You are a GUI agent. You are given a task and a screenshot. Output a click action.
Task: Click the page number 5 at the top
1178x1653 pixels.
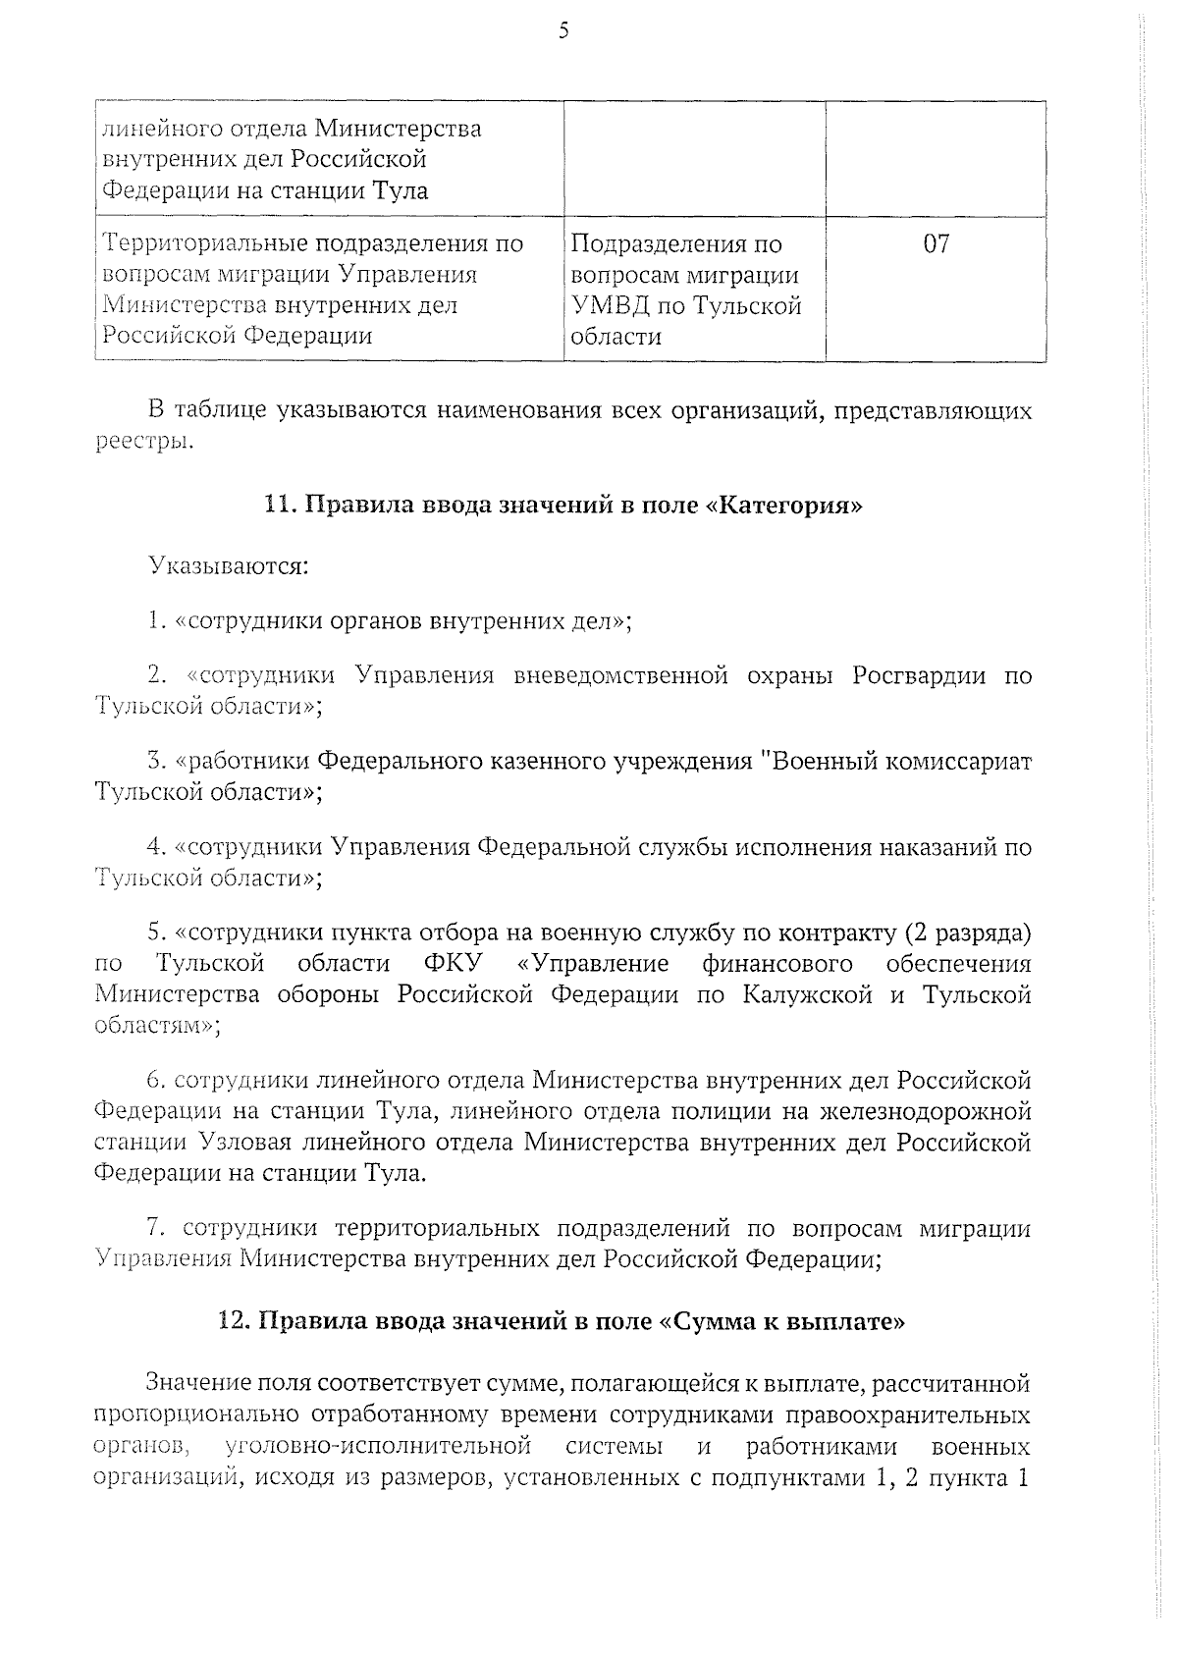563,31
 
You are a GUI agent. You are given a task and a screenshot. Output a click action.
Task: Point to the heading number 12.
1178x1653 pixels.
234,1321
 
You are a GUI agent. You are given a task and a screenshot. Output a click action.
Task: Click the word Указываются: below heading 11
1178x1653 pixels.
228,566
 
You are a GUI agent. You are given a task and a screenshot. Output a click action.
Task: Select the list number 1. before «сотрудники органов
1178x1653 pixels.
155,621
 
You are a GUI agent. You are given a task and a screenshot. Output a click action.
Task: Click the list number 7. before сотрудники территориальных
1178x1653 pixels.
159,1229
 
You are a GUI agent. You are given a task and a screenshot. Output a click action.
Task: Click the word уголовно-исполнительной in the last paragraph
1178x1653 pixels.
378,1446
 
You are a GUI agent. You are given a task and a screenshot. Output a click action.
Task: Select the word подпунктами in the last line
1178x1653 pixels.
784,1477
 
